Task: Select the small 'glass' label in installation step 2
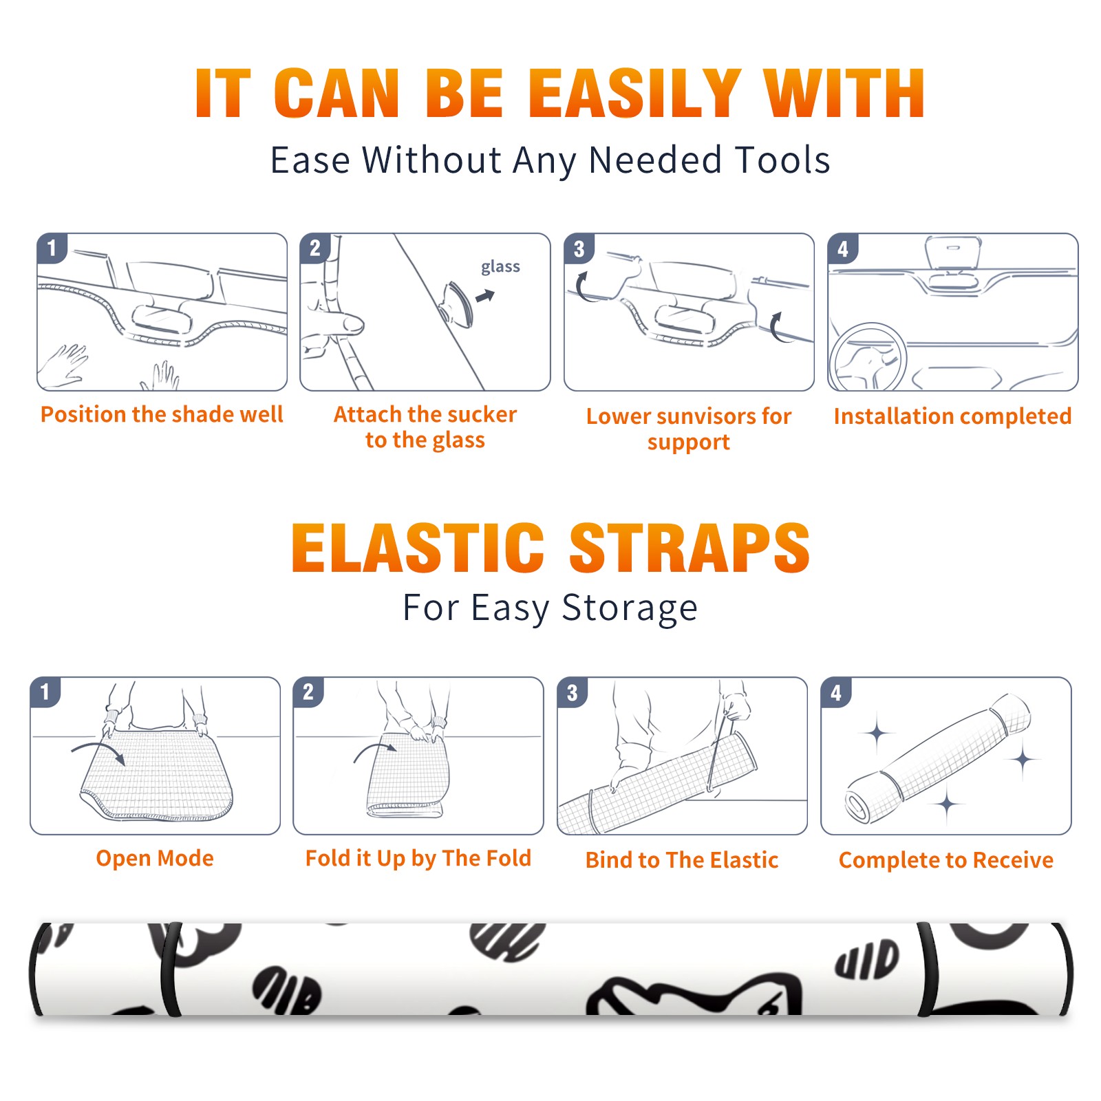(x=500, y=267)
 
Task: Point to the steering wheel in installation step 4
(x=867, y=357)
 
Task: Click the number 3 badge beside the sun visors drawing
(x=579, y=249)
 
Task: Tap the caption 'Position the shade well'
(x=162, y=414)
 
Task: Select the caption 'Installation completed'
(x=952, y=416)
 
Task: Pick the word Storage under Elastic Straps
(x=630, y=608)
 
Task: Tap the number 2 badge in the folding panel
(x=308, y=692)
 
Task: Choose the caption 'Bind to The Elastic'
(x=681, y=860)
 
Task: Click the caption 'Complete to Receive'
(x=946, y=860)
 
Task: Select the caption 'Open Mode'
(x=155, y=858)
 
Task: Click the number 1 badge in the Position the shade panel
(x=52, y=248)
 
